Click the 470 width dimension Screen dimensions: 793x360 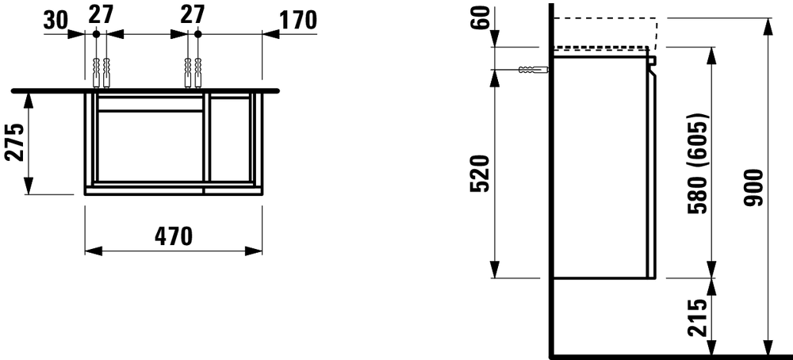174,236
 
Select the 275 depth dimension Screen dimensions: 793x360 14,142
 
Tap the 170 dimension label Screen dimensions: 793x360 297,20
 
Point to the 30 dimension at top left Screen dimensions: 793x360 56,21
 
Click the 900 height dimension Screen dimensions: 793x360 753,188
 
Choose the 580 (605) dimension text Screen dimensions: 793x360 699,163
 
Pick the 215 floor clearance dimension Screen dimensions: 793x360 697,318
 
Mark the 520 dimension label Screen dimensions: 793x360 480,174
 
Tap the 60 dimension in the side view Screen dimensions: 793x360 482,18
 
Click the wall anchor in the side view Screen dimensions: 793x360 534,69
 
